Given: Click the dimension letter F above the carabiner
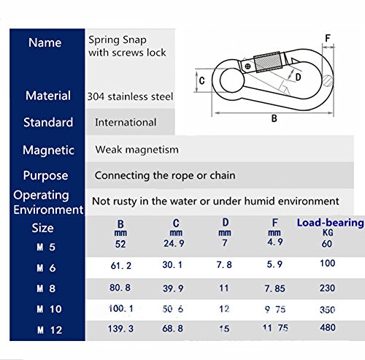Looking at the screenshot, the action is coord(328,38).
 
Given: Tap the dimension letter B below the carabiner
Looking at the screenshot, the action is coord(274,118).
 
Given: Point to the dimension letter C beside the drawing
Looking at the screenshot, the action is coord(201,80).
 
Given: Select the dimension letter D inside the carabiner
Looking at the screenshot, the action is coord(298,77).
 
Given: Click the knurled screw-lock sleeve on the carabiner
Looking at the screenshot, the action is coord(268,62).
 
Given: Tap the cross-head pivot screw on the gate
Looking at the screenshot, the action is coord(247,66).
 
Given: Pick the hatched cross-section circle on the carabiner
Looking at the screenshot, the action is coord(328,81).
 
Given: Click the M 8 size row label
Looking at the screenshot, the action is coord(46,288).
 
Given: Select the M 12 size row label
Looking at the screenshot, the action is coord(50,330).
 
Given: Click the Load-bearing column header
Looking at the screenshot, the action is coord(330,223).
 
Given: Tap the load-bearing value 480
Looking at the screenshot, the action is coord(328,327).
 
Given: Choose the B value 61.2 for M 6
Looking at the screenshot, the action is coord(120,265).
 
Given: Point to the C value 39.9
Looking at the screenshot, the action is coord(173,288).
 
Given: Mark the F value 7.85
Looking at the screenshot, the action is coord(274,288).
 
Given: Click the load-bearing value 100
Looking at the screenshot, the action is coord(328,263).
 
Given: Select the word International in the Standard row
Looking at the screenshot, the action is coord(126,122).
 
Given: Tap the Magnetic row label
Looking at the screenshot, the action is coord(48,150).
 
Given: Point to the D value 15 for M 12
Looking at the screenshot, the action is coord(224,329).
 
